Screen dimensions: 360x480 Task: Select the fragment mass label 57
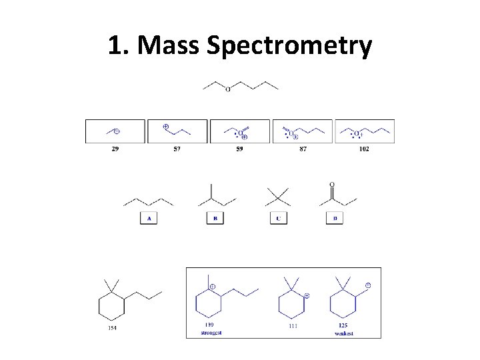tap(177, 149)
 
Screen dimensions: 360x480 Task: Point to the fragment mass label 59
tap(239, 149)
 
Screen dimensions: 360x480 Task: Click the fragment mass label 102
tap(364, 149)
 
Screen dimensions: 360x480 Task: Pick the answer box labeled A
tap(149, 218)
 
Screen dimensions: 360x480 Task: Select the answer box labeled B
tap(215, 218)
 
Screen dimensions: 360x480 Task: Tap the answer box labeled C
tap(279, 218)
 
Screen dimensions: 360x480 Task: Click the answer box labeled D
tap(335, 218)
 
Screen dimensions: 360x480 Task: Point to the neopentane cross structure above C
tap(278, 197)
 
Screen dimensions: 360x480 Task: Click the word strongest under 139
tap(211, 332)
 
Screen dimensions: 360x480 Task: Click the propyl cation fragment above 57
tap(177, 130)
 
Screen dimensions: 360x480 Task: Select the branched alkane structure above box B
tap(215, 196)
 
